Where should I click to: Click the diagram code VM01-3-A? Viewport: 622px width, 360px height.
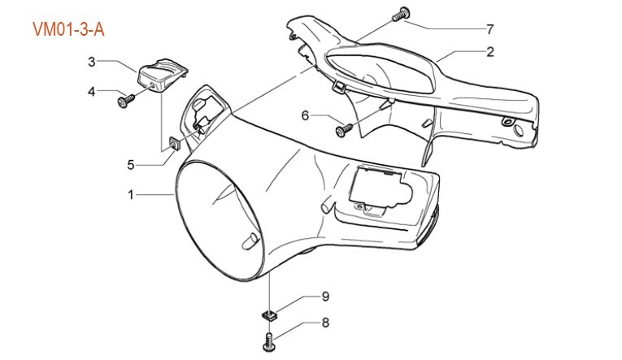[x=67, y=30]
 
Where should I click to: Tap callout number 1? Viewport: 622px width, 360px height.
[x=130, y=195]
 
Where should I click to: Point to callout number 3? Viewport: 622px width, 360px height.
[x=92, y=61]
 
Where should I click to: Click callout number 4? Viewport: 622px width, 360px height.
[x=92, y=91]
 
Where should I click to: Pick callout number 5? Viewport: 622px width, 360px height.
[x=130, y=164]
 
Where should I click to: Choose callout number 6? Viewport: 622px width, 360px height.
[x=306, y=115]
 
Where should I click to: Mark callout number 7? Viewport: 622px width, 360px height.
[x=490, y=29]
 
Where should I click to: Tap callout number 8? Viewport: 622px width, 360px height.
[x=324, y=323]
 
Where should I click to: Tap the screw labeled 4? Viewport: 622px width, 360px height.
[x=126, y=100]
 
